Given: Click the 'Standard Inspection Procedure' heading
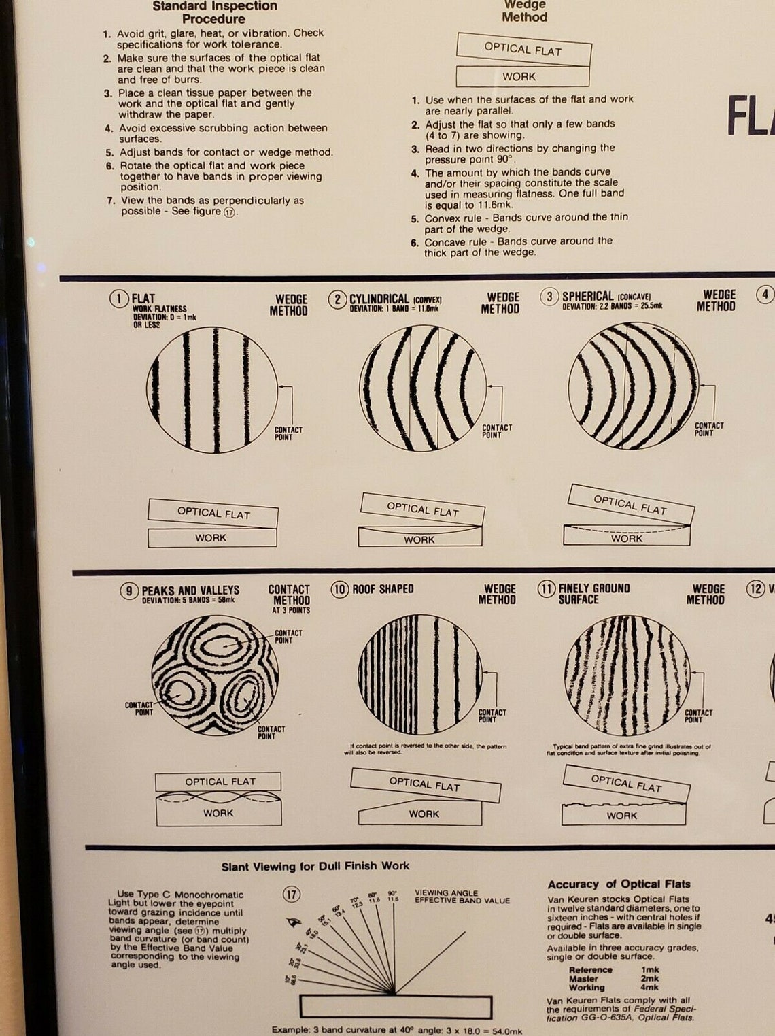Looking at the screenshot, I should tap(214, 12).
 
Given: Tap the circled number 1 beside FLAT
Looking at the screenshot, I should tap(119, 299).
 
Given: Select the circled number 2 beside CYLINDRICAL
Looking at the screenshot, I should tap(337, 299).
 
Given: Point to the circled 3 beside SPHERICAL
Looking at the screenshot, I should tap(549, 297).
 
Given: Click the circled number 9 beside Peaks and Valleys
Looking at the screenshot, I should tap(128, 590).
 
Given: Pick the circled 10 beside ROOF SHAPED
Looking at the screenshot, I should tap(339, 589).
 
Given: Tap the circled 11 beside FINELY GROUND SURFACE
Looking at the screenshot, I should tap(546, 588).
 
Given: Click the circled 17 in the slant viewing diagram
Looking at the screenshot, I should tap(291, 894).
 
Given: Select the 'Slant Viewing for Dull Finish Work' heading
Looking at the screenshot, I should tap(315, 867).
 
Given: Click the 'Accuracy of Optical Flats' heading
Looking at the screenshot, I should tap(619, 884).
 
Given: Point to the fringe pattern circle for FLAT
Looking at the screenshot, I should tap(211, 390).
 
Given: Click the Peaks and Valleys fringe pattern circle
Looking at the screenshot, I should tap(215, 675).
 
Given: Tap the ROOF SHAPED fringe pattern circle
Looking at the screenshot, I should tap(419, 674).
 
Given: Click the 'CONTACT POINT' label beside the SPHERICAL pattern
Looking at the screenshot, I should tap(708, 429).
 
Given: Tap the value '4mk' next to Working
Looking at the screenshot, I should tap(649, 987).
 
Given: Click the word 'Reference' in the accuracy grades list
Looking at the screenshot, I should tap(590, 970).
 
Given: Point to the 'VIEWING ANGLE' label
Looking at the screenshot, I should tap(446, 892).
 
